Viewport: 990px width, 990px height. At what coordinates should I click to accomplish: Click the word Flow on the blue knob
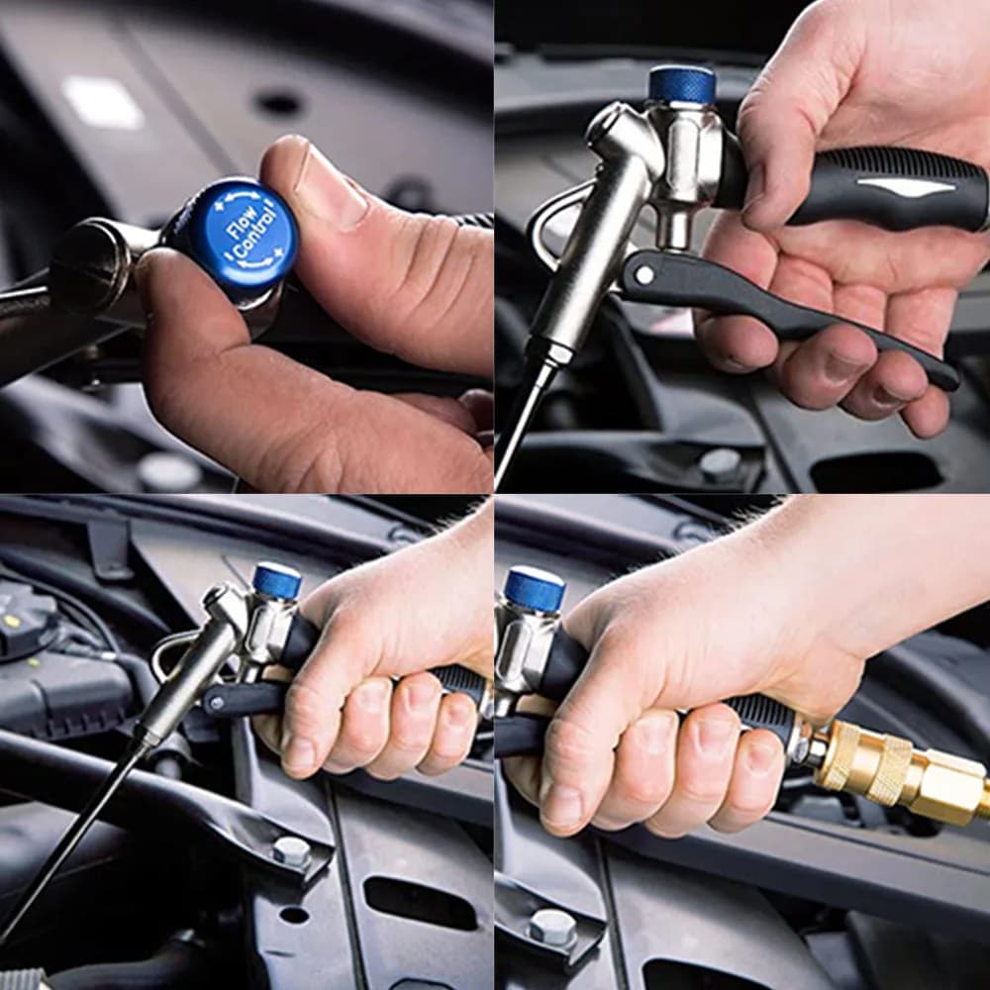click(x=243, y=222)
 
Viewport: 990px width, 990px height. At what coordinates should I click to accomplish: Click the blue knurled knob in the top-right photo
click(x=682, y=84)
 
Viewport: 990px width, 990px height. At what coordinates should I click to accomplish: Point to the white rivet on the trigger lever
click(x=644, y=274)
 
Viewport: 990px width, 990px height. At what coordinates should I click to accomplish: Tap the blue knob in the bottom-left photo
click(x=277, y=581)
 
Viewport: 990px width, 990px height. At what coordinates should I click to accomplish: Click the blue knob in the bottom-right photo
click(x=535, y=589)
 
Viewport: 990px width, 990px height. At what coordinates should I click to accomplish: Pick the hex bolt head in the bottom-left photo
click(x=291, y=851)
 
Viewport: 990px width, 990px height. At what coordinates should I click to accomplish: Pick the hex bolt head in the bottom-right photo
click(x=551, y=927)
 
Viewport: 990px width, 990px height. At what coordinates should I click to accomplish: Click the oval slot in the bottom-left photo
click(x=420, y=903)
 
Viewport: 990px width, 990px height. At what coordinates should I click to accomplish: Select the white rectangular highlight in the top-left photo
click(x=102, y=103)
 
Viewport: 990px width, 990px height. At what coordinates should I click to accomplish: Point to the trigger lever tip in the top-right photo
click(x=950, y=380)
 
